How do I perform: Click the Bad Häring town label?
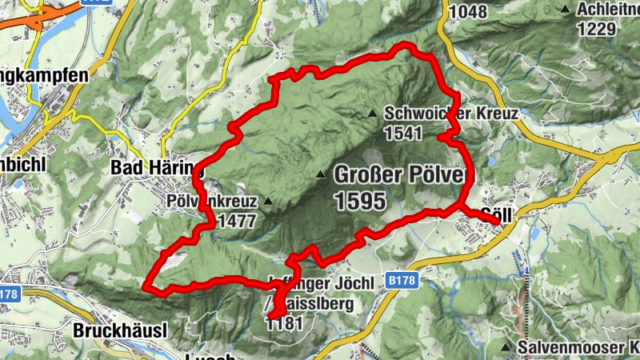tap(157, 169)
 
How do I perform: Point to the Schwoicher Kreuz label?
tap(450, 114)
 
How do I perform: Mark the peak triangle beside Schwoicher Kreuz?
tap(372, 114)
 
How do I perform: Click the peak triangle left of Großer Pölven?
tap(321, 174)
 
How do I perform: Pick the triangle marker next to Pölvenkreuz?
tap(269, 201)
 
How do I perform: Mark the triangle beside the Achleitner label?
tap(566, 10)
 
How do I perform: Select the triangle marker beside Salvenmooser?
tap(506, 347)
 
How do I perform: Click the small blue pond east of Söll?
tap(534, 234)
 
